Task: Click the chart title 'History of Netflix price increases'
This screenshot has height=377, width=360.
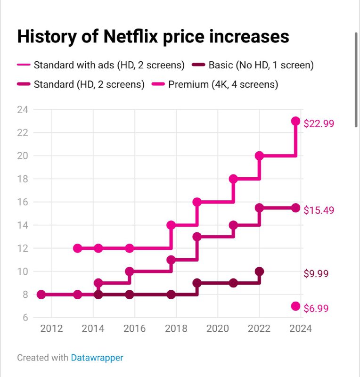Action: click(x=153, y=36)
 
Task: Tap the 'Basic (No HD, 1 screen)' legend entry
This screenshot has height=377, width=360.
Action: click(x=261, y=65)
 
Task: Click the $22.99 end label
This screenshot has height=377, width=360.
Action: click(x=319, y=124)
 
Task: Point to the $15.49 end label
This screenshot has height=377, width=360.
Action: click(x=319, y=210)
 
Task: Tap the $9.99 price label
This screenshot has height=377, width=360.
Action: click(x=316, y=274)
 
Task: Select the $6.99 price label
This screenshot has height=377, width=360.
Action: click(x=316, y=309)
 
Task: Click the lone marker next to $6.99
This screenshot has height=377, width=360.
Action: click(x=295, y=306)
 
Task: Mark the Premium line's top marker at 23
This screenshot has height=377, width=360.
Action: click(x=295, y=121)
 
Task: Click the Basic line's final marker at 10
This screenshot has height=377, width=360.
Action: click(x=259, y=271)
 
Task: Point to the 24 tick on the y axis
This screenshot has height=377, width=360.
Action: click(x=23, y=110)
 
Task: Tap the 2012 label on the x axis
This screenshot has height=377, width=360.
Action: click(x=51, y=329)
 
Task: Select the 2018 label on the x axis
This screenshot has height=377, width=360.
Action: click(x=176, y=329)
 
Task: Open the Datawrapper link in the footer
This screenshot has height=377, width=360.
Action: click(x=97, y=358)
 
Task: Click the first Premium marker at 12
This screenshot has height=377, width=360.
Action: click(x=78, y=248)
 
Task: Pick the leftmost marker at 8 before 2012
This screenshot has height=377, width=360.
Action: click(x=41, y=295)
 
